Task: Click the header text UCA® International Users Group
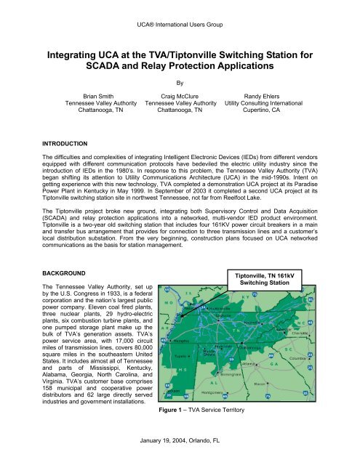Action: click(180, 8)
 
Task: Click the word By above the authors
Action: click(180, 82)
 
